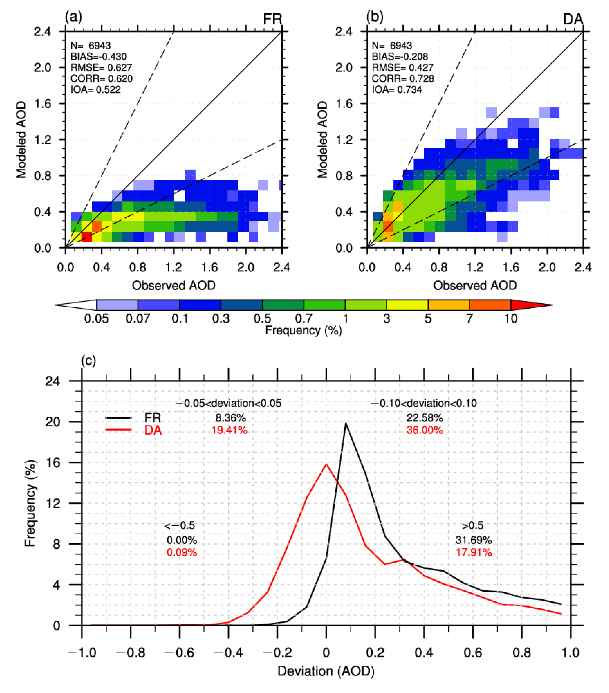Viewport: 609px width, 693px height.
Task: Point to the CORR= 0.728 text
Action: click(x=402, y=79)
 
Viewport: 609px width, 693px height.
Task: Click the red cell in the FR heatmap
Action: click(x=87, y=237)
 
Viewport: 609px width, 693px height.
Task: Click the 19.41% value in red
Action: click(x=229, y=430)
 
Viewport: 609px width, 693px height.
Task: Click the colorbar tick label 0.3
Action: click(x=221, y=319)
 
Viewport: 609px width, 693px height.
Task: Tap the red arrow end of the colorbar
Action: click(x=529, y=305)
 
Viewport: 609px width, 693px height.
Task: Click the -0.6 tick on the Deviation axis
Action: click(x=180, y=653)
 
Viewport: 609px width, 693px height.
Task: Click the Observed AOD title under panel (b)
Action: click(x=475, y=286)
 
